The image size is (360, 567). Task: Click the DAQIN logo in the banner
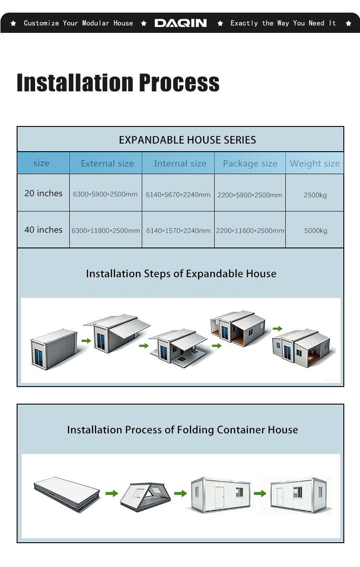tap(180, 23)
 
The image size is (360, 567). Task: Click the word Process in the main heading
tap(179, 82)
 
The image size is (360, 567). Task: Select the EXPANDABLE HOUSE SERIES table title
tap(187, 140)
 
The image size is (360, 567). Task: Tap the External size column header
tap(108, 163)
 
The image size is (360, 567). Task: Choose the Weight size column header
tap(315, 163)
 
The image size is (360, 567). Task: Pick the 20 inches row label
tap(43, 193)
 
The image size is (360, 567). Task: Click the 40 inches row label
tap(43, 230)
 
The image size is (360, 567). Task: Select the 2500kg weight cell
tap(315, 195)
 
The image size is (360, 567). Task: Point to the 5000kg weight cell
tap(316, 231)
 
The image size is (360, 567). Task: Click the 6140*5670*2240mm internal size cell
tap(178, 195)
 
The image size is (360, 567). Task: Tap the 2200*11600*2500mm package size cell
tap(250, 231)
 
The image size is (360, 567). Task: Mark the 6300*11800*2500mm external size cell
tap(106, 231)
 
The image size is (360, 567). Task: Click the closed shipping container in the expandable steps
tap(54, 349)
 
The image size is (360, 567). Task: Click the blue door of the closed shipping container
tap(39, 357)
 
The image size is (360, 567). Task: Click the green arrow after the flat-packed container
tap(112, 493)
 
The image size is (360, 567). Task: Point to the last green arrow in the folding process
tap(260, 493)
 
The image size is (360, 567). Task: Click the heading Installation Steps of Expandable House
tap(181, 274)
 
